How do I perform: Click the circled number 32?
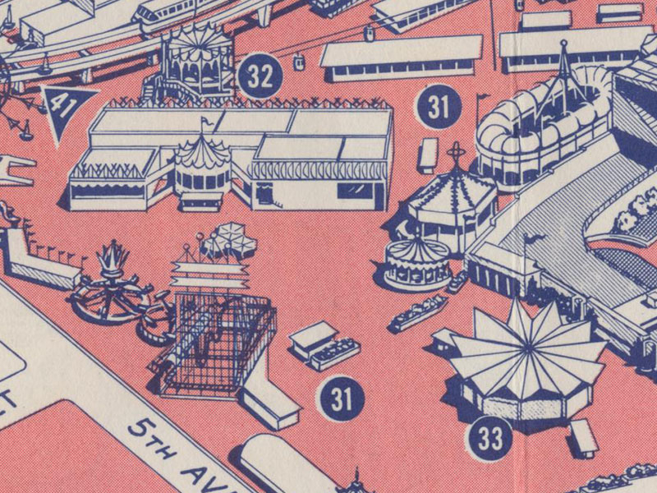pyautogui.click(x=260, y=76)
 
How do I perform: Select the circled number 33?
pyautogui.click(x=489, y=438)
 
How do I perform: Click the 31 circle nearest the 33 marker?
pyautogui.click(x=341, y=399)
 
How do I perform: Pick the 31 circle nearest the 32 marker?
pyautogui.click(x=439, y=106)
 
